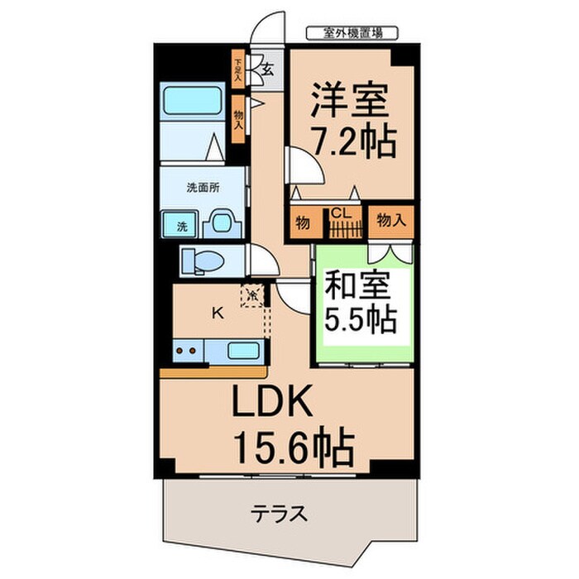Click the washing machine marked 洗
point(181,223)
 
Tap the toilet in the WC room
point(202,260)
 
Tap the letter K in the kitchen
point(218,313)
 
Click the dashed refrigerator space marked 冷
point(253,294)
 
